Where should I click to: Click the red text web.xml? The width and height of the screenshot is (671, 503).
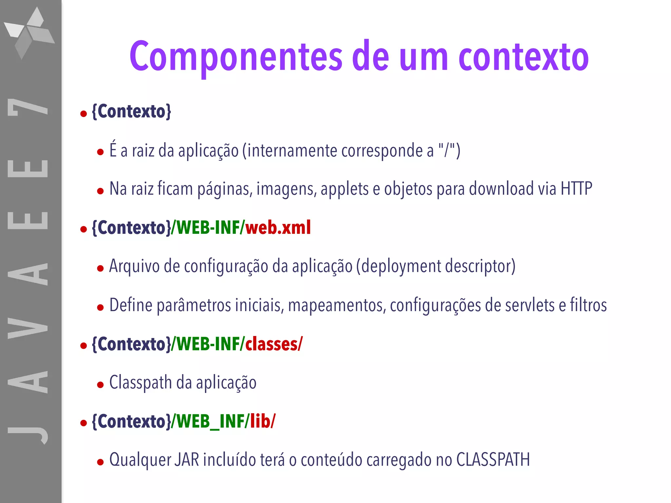click(x=278, y=227)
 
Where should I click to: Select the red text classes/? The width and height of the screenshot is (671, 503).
click(x=274, y=344)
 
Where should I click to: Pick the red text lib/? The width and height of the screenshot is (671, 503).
click(x=263, y=421)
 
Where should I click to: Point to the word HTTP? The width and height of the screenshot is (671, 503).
click(x=576, y=189)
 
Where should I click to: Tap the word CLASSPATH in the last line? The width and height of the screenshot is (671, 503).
click(x=493, y=459)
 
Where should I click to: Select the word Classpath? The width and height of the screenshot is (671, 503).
click(x=140, y=382)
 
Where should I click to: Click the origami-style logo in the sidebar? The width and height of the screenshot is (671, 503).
click(x=30, y=33)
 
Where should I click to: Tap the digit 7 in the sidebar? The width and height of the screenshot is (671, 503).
click(x=28, y=107)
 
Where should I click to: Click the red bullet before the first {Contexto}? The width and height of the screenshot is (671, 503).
click(x=84, y=114)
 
